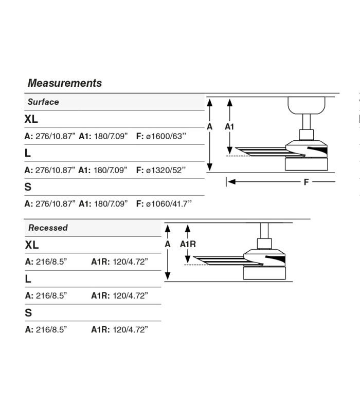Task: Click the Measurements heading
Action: (65, 83)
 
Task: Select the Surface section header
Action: (43, 102)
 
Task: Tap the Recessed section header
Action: (48, 228)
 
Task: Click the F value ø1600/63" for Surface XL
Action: (166, 136)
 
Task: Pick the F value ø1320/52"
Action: (166, 170)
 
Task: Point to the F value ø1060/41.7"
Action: (169, 203)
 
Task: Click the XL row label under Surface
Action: (31, 119)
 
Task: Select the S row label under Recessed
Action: (28, 313)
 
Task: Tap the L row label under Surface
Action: (28, 153)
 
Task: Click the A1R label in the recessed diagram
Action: (188, 244)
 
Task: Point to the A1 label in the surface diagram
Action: (229, 126)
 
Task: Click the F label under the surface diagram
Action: (306, 182)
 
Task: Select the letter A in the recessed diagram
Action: (168, 244)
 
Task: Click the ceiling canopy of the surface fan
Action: (306, 105)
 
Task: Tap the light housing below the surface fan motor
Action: (307, 164)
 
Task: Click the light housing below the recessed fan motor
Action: (264, 273)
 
